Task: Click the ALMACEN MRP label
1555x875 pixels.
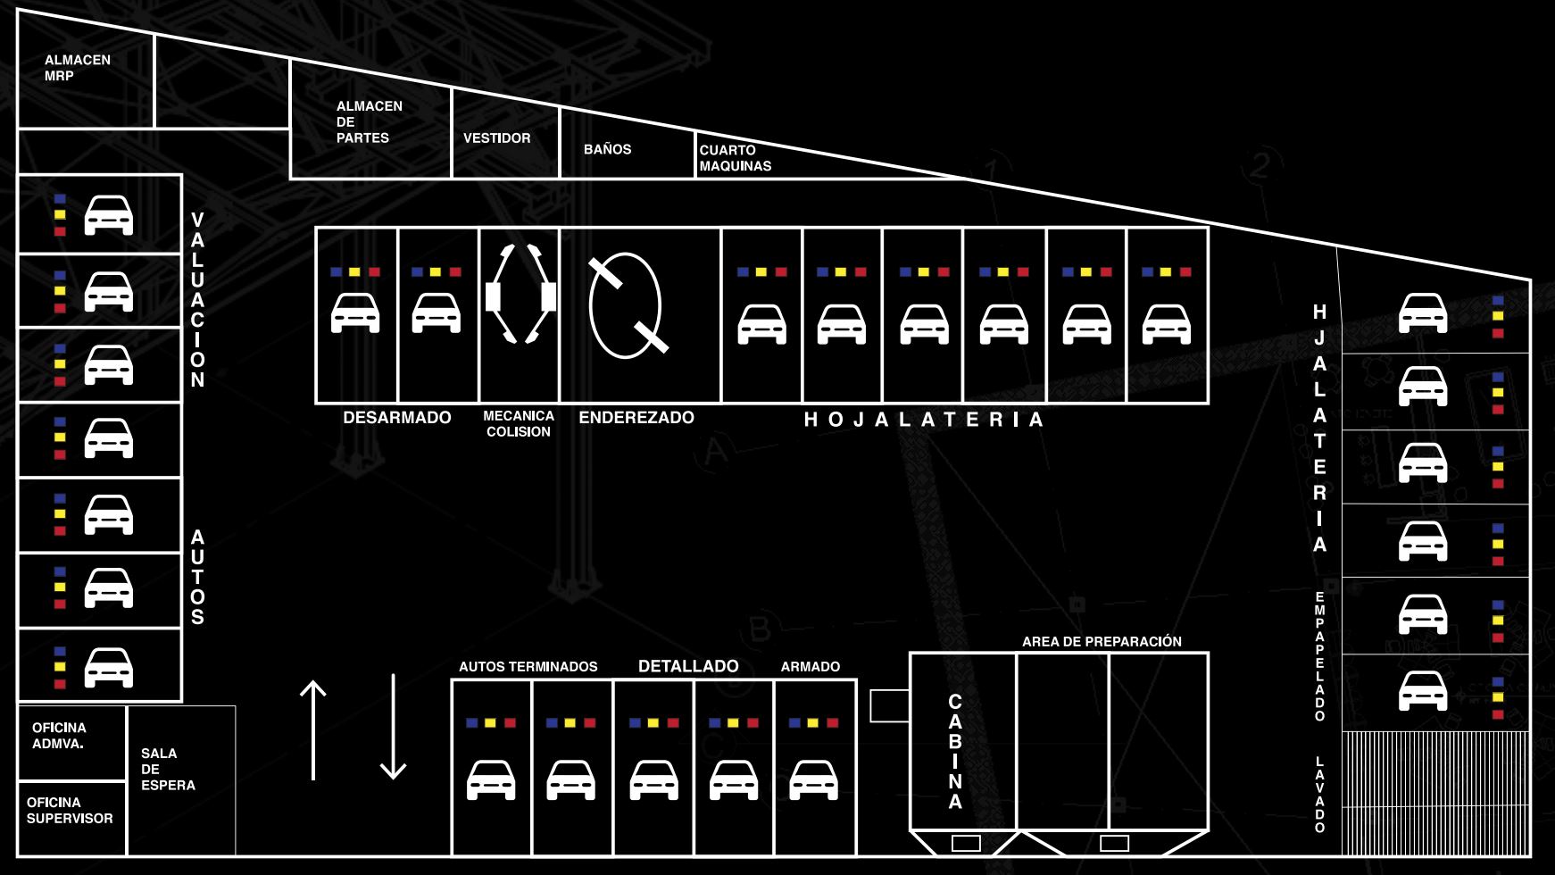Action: pos(77,68)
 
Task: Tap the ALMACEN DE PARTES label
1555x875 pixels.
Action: pos(369,121)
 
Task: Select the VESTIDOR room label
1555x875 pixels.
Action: pos(496,138)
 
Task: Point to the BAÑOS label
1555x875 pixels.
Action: pos(607,149)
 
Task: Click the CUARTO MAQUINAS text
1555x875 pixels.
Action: pos(735,158)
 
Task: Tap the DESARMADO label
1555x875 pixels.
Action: pos(397,418)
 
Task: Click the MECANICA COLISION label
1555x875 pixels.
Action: pos(519,423)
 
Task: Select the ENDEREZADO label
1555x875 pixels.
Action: pos(636,418)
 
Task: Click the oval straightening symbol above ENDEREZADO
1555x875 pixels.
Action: pos(627,305)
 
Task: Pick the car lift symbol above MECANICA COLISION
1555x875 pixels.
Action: pos(520,295)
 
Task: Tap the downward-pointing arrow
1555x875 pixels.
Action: pos(394,727)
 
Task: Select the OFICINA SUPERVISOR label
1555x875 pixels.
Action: pos(70,811)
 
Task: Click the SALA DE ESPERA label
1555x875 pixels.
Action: pos(168,769)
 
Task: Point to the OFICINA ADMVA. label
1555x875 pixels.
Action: pos(59,736)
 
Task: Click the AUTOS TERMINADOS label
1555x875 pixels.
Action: pos(528,667)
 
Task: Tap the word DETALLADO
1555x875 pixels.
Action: pos(688,666)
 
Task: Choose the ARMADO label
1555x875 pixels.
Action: pos(810,667)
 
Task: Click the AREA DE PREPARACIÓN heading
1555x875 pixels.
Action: pos(1102,642)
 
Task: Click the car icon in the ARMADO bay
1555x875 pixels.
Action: pos(814,779)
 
